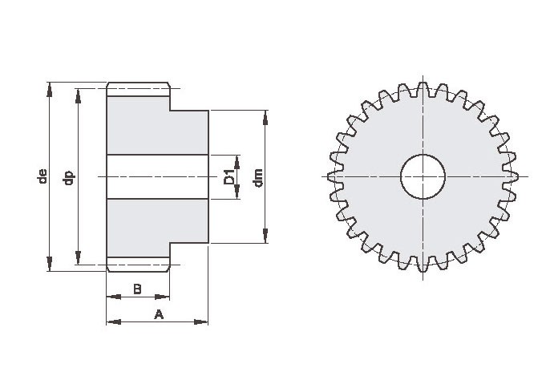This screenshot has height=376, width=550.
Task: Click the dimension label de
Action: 42,176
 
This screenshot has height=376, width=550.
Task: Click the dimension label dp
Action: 68,177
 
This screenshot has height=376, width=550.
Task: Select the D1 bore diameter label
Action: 229,176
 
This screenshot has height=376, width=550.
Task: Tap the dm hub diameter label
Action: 258,178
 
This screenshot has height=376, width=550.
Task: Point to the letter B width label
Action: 138,289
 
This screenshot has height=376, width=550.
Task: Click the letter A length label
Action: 159,314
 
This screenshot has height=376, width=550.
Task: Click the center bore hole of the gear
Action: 423,176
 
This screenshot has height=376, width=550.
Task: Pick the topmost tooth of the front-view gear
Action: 423,89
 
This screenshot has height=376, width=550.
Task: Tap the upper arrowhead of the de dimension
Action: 50,89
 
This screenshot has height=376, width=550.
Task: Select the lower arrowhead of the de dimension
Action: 50,264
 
